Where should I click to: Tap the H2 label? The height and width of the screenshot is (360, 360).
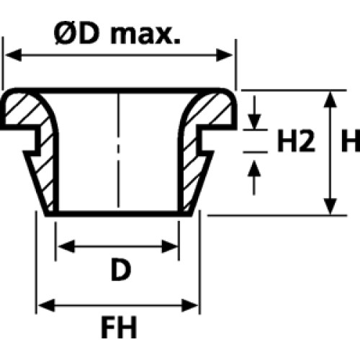(x=296, y=141)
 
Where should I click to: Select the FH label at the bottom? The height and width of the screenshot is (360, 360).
(x=119, y=327)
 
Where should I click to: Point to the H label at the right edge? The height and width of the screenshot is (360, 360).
(x=351, y=141)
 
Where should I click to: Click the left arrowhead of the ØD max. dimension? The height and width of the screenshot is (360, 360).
(x=14, y=55)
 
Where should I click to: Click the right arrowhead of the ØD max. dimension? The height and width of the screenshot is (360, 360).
(x=225, y=55)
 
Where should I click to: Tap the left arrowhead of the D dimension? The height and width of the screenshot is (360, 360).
(x=66, y=246)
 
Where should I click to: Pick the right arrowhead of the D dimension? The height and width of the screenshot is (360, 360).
(x=169, y=246)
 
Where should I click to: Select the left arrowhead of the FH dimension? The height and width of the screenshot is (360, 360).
(x=47, y=305)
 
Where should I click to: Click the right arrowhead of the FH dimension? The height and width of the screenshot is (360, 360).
(x=189, y=305)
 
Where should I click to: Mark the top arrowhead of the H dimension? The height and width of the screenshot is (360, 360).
(x=330, y=99)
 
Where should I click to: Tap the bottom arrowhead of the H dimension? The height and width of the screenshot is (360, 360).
(x=330, y=207)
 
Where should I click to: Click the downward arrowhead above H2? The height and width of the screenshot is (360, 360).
(x=254, y=122)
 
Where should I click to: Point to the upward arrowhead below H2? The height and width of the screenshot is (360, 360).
(x=254, y=168)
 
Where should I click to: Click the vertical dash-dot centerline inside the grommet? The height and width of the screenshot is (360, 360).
(x=118, y=150)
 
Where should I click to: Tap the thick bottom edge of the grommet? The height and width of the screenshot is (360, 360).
(x=118, y=214)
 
